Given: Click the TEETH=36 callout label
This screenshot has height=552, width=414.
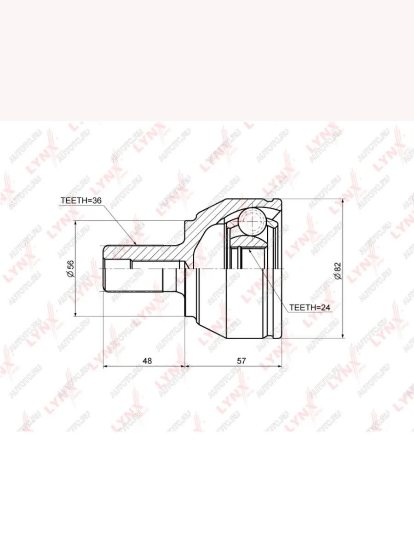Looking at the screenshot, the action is click(81, 201).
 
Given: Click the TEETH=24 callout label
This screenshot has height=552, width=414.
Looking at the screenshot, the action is click(310, 307).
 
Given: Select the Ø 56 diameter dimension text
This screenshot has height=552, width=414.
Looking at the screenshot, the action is click(71, 269).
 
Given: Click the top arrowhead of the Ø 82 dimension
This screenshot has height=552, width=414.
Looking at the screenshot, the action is click(343, 199).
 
